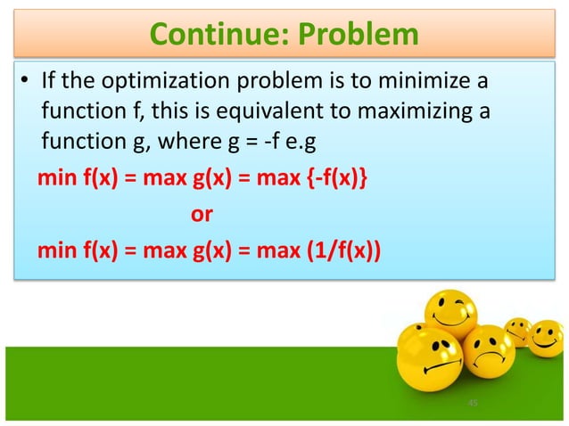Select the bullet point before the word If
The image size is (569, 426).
[26, 85]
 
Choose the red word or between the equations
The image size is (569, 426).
[202, 215]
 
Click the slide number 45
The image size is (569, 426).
[473, 404]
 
